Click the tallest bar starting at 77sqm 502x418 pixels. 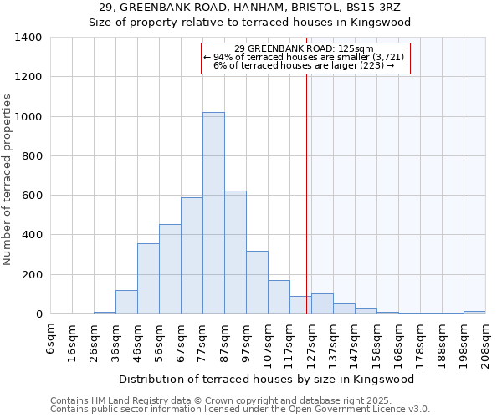click(x=213, y=213)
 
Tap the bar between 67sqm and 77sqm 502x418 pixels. click(x=192, y=256)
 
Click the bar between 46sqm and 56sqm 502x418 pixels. click(x=148, y=279)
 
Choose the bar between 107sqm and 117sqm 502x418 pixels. click(x=279, y=298)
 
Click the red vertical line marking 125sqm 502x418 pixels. click(x=307, y=209)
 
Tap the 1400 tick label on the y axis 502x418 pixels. click(x=28, y=38)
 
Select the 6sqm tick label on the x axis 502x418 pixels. click(x=51, y=338)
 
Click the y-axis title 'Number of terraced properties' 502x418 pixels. click(x=8, y=179)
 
